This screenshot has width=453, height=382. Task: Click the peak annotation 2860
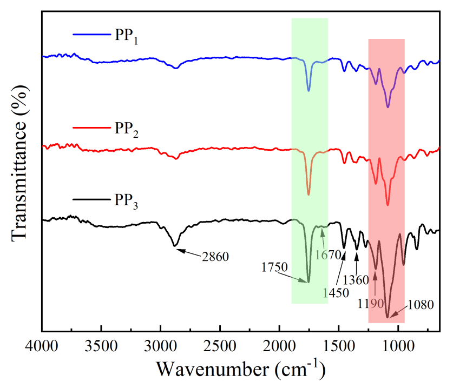coord(216,256)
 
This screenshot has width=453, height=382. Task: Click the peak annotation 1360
coord(356,280)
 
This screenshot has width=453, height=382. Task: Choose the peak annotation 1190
coord(370,303)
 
